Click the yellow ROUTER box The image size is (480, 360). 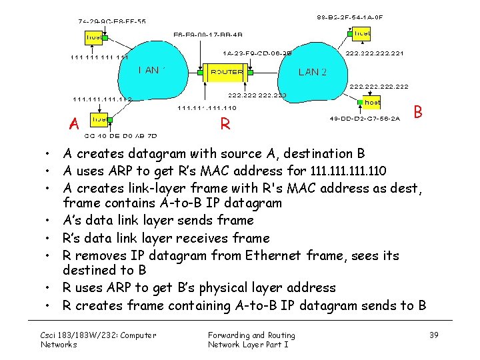227,71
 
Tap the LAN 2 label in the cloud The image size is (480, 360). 313,72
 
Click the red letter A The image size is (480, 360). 75,124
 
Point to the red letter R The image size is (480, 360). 225,124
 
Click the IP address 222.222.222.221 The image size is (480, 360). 375,53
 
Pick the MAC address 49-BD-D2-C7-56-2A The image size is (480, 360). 364,119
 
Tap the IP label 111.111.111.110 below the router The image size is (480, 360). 207,108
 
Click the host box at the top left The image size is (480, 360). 95,37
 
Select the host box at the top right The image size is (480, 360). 362,33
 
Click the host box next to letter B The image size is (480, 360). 371,103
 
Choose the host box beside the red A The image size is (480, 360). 99,119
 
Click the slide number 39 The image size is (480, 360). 434,335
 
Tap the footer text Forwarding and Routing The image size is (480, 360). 251,335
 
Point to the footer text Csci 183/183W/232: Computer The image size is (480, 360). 98,335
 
